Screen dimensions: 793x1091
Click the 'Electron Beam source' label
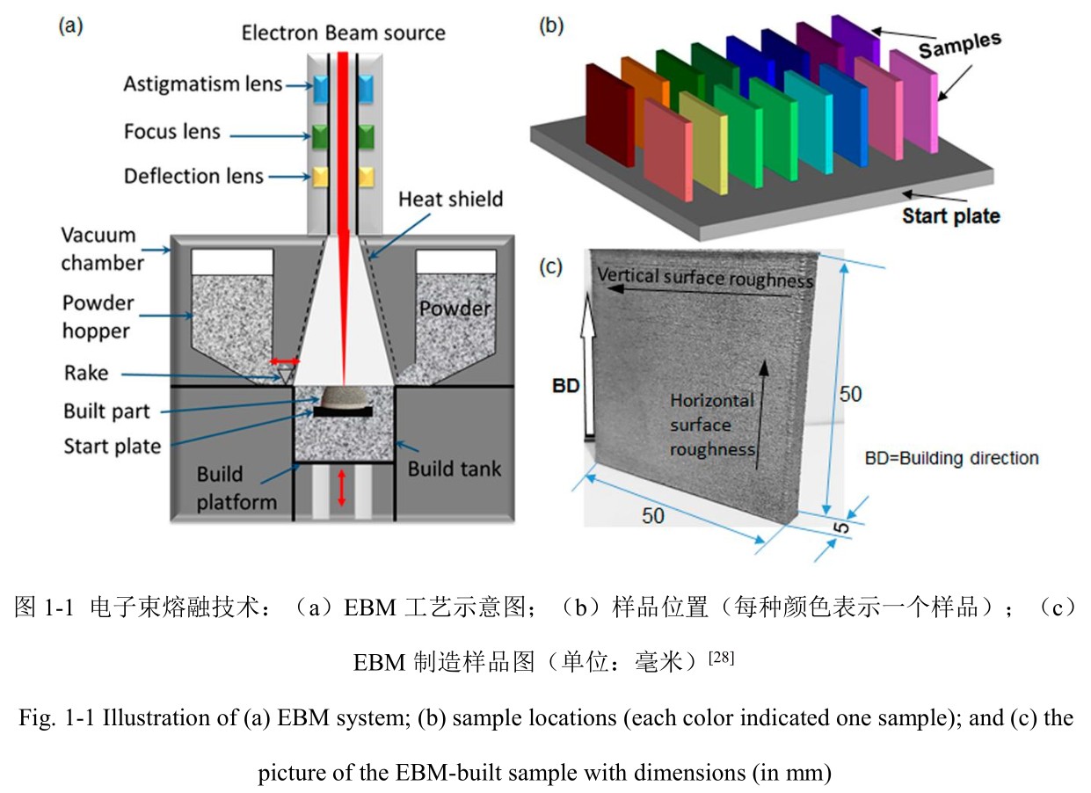point(343,33)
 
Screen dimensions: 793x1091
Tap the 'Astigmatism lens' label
point(202,84)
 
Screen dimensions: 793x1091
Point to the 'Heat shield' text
point(450,199)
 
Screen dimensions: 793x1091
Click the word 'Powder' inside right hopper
point(455,309)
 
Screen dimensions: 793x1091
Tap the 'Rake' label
point(86,373)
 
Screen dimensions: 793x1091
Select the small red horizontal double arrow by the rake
point(285,361)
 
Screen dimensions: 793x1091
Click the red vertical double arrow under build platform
point(342,488)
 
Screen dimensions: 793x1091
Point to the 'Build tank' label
point(454,468)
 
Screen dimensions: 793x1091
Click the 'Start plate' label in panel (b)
point(950,215)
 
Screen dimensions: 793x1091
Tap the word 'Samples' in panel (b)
point(959,46)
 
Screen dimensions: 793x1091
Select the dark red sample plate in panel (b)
point(609,115)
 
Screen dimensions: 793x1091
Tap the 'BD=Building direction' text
point(951,458)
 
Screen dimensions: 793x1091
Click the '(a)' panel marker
point(70,25)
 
